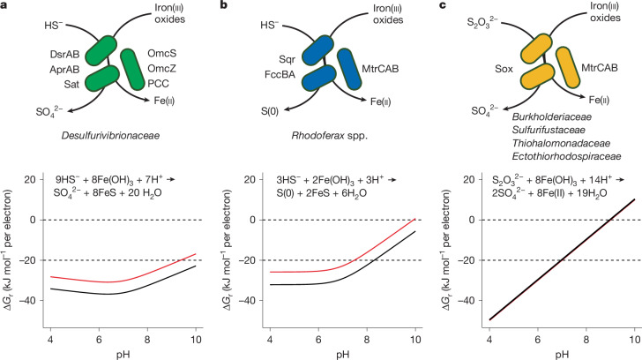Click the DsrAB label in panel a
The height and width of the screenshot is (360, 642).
[64, 55]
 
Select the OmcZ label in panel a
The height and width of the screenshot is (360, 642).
[161, 69]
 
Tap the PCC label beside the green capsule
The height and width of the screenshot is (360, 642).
[158, 84]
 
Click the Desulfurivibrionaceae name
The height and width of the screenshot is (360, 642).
[110, 135]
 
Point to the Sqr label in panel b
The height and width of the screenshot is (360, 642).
[287, 59]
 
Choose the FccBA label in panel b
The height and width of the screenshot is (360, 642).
[280, 74]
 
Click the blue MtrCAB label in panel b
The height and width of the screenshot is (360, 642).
[380, 69]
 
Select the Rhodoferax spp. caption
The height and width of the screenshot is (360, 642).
[330, 136]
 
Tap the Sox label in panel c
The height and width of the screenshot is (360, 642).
[504, 69]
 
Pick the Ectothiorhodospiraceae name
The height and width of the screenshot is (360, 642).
[566, 156]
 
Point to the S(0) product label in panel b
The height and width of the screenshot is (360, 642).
[270, 111]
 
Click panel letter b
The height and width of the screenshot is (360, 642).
[224, 5]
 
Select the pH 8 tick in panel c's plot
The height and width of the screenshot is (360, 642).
[586, 340]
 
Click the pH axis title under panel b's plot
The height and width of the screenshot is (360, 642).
[343, 355]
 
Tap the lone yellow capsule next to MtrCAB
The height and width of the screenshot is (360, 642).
[568, 67]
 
